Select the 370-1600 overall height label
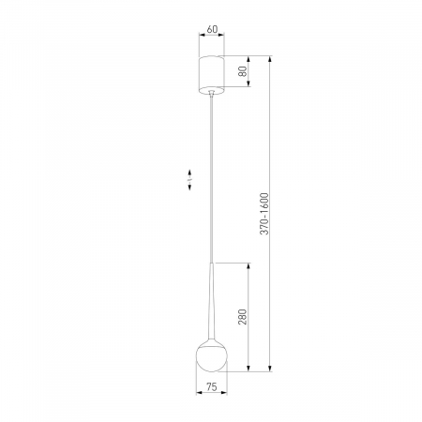pyautogui.click(x=265, y=214)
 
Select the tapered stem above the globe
pyautogui.click(x=212, y=300)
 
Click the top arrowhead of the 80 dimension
pyautogui.click(x=249, y=54)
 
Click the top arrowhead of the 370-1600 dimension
pyautogui.click(x=270, y=54)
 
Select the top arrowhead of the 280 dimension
pyautogui.click(x=249, y=265)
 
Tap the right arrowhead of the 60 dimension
pyautogui.click(x=224, y=38)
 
